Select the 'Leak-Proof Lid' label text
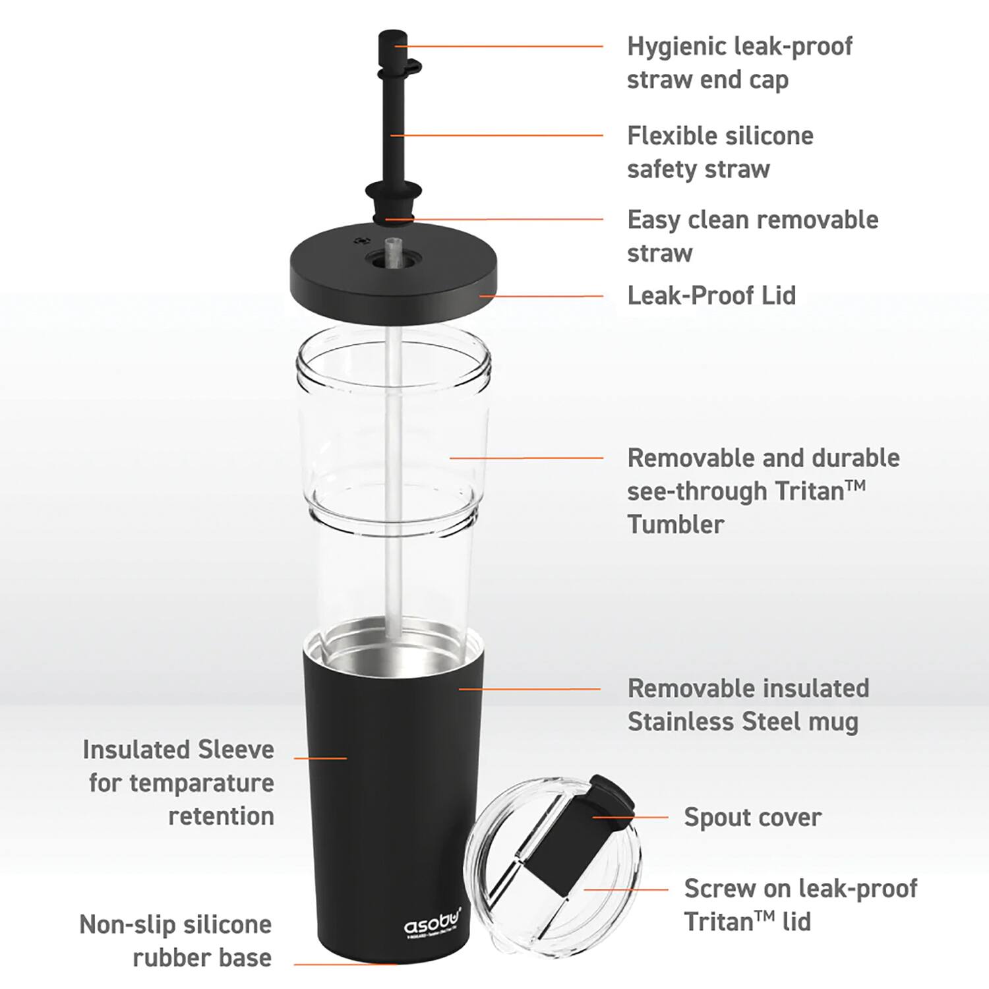(711, 295)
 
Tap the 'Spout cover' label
(752, 818)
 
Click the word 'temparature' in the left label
(201, 783)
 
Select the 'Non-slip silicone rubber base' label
(175, 941)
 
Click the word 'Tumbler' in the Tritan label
(675, 525)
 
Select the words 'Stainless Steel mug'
(742, 722)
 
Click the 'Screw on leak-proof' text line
(800, 889)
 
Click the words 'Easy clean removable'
(752, 220)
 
